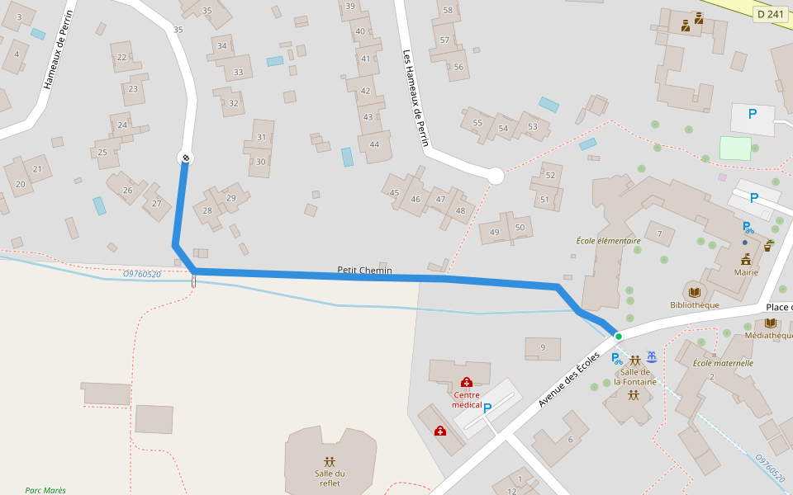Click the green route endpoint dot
point(618,336)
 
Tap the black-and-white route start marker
point(186,158)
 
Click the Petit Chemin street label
point(364,270)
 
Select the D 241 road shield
point(770,13)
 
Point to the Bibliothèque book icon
point(694,292)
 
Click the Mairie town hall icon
point(746,259)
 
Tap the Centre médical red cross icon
point(467,382)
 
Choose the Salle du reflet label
point(330,478)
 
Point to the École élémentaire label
point(608,241)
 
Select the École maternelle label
point(723,363)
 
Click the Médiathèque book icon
point(770,323)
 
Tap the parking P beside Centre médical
point(487,408)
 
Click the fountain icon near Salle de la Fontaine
point(652,356)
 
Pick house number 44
point(375,145)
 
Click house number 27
point(155,205)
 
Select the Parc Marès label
point(45,490)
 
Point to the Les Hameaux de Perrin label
point(415,97)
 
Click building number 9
point(543,347)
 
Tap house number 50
point(519,228)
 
